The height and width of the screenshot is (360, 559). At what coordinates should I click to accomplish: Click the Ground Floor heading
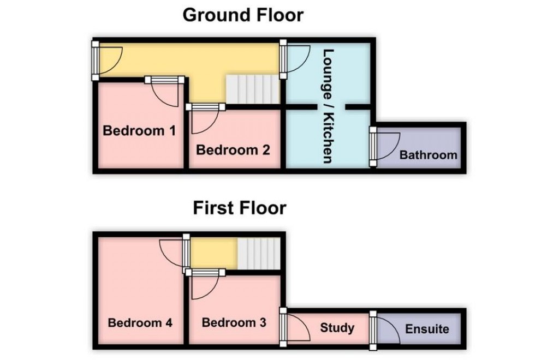[242, 15]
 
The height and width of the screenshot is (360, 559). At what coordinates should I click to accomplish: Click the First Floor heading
[239, 208]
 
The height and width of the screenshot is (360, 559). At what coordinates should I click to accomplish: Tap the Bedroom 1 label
[140, 131]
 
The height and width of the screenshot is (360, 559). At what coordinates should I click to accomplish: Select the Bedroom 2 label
[233, 149]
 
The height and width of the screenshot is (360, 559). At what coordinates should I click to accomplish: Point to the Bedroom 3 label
[234, 322]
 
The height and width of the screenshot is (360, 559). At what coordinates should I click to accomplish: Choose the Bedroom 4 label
[140, 322]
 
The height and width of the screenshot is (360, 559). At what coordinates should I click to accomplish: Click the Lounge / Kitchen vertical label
[328, 106]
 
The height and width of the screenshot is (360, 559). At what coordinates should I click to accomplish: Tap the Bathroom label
[428, 155]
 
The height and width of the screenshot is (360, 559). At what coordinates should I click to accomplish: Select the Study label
[337, 328]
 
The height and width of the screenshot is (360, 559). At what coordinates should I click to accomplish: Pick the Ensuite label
[427, 329]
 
